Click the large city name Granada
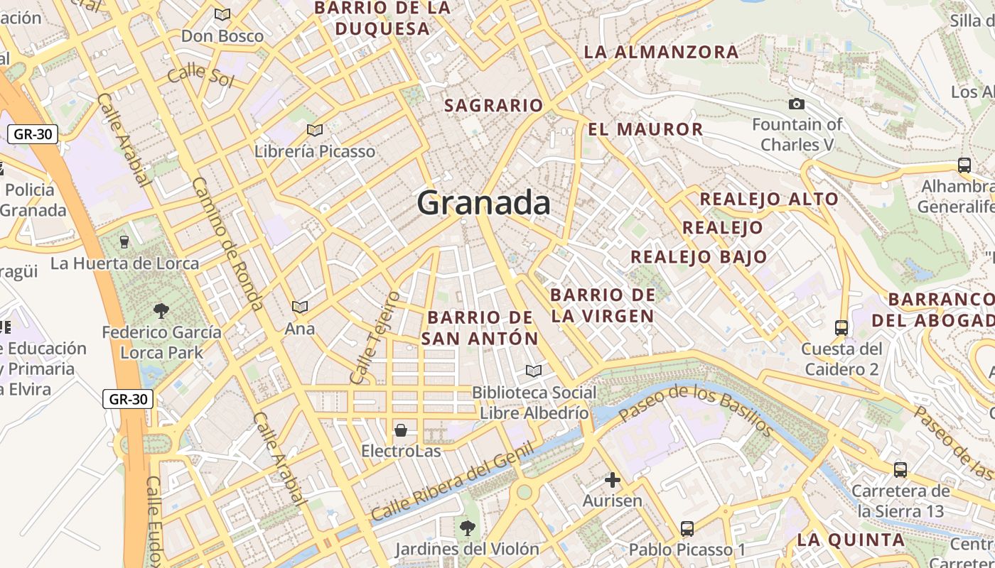pyautogui.click(x=483, y=203)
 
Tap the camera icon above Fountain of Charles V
pyautogui.click(x=797, y=104)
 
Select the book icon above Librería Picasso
pyautogui.click(x=314, y=130)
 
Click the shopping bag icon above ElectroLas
pyautogui.click(x=401, y=430)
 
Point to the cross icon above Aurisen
pyautogui.click(x=612, y=480)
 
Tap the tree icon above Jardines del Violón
pyautogui.click(x=467, y=528)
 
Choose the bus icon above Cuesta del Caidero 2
pyautogui.click(x=841, y=328)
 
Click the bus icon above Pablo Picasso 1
pyautogui.click(x=687, y=529)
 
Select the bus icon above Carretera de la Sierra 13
pyautogui.click(x=900, y=470)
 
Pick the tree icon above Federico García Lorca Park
pyautogui.click(x=161, y=310)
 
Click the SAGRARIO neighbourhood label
pyautogui.click(x=493, y=106)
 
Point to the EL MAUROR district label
pyautogui.click(x=645, y=129)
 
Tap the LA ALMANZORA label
pyautogui.click(x=661, y=52)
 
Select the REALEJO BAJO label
pyautogui.click(x=699, y=256)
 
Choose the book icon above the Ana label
pyautogui.click(x=300, y=307)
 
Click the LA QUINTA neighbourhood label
pyautogui.click(x=851, y=540)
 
